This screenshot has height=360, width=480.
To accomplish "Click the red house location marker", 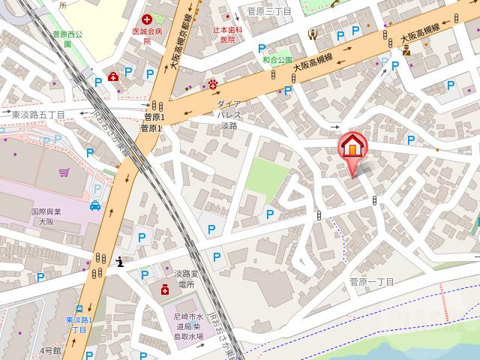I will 350,147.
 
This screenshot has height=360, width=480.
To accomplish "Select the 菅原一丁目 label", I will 371,281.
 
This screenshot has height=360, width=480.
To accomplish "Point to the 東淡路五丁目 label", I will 39,115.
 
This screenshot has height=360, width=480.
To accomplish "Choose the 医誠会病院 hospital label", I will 147,36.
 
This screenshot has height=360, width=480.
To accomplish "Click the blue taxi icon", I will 95,205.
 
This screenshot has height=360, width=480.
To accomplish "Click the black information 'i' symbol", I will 121,262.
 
